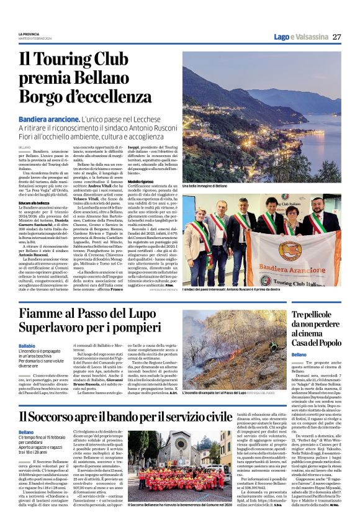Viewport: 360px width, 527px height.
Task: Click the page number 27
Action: click(336, 36)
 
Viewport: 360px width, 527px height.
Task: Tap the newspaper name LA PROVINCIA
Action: click(30, 34)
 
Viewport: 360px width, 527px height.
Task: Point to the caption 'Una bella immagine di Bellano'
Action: click(204, 186)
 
